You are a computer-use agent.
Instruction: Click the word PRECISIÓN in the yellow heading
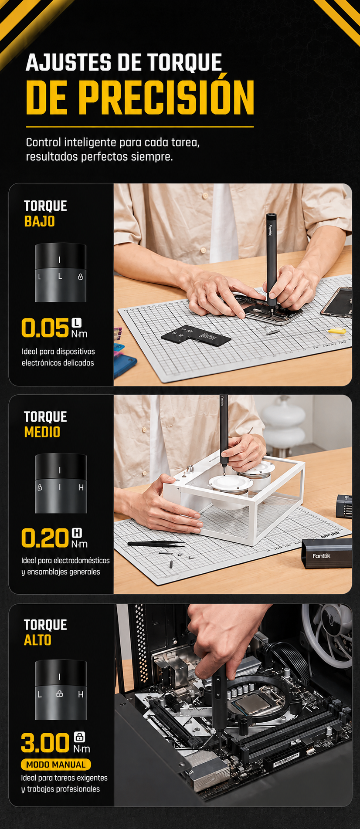pyautogui.click(x=168, y=97)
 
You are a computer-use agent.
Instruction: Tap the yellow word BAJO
pyautogui.click(x=40, y=221)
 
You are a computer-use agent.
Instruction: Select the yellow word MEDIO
pyautogui.click(x=42, y=432)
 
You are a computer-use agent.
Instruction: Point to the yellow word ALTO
pyautogui.click(x=38, y=640)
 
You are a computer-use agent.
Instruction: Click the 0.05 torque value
pyautogui.click(x=45, y=328)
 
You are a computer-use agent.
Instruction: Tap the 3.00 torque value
pyautogui.click(x=45, y=743)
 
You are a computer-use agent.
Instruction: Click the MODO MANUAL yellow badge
pyautogui.click(x=56, y=765)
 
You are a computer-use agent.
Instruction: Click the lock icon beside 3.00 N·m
pyautogui.click(x=79, y=737)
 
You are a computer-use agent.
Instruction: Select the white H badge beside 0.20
pyautogui.click(x=77, y=533)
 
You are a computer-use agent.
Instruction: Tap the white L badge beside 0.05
pyautogui.click(x=77, y=323)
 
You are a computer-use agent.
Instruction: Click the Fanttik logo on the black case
pyautogui.click(x=322, y=556)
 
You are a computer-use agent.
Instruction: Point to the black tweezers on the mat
pyautogui.click(x=156, y=544)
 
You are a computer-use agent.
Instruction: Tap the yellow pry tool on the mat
pyautogui.click(x=337, y=331)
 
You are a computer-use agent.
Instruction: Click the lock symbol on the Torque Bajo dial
pyautogui.click(x=80, y=277)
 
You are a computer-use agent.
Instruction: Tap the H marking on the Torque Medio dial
pyautogui.click(x=81, y=488)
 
